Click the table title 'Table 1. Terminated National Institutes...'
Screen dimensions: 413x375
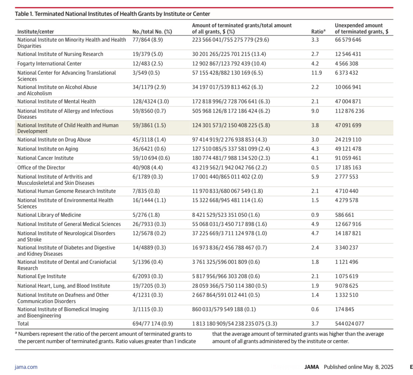[112, 14]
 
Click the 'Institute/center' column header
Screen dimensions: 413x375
[36, 32]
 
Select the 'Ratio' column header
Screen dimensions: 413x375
[318, 32]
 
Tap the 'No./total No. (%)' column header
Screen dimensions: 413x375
[152, 32]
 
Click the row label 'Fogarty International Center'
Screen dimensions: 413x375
[50, 64]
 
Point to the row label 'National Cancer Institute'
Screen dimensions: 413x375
[46, 158]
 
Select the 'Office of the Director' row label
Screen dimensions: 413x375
[41, 167]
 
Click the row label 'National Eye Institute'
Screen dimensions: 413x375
[41, 276]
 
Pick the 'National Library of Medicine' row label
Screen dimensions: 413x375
[49, 215]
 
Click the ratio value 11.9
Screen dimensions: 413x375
[316, 73]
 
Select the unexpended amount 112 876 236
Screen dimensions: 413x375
[349, 111]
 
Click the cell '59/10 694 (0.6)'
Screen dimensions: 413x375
[151, 158]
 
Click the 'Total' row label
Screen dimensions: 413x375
[23, 324]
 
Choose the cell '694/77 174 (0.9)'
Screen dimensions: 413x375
[153, 324]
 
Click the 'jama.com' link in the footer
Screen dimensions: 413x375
[26, 367]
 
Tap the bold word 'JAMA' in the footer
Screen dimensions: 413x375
[312, 367]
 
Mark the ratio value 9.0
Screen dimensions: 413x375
[315, 111]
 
